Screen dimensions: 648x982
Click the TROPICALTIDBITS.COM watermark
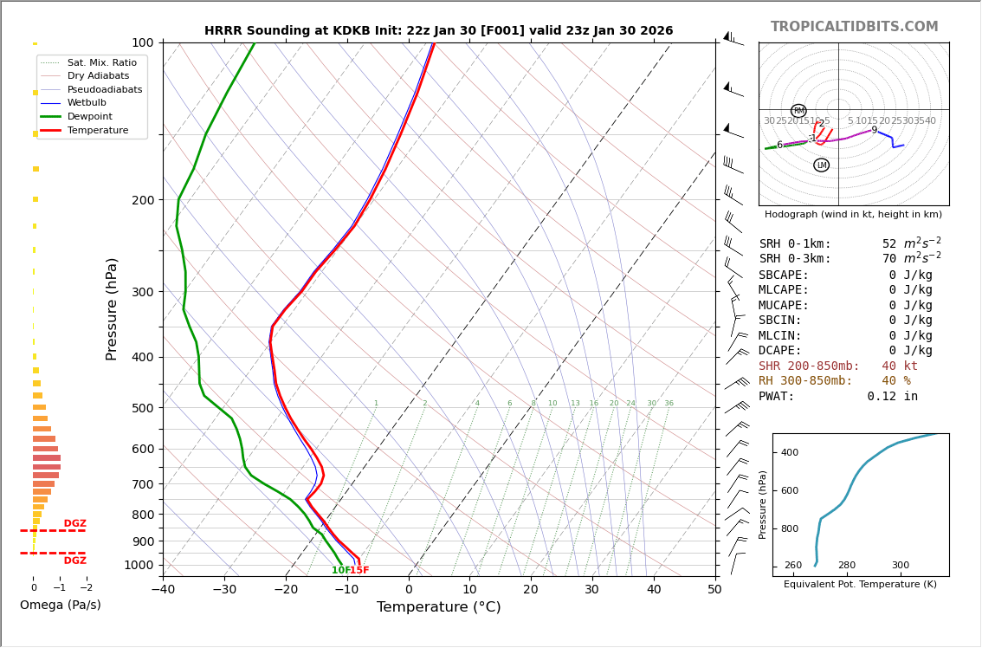854,27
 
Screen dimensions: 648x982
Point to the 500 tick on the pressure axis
142,408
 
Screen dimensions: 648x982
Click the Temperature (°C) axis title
438,607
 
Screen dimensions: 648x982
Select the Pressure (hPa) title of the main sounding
112,308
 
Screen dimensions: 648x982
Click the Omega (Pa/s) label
61,606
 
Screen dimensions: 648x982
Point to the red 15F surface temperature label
359,571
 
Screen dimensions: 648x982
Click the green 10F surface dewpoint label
340,571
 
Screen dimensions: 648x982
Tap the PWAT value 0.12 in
892,397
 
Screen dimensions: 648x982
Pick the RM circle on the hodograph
798,111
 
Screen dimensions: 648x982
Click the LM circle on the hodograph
821,165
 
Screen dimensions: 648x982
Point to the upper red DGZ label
75,524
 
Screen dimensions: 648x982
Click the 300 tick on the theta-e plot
901,566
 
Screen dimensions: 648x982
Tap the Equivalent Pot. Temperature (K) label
860,585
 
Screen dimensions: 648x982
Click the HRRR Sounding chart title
438,31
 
